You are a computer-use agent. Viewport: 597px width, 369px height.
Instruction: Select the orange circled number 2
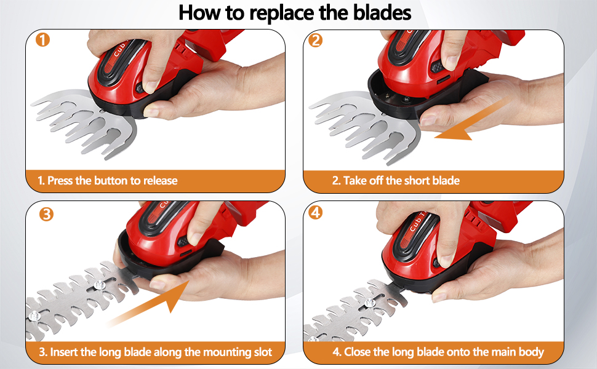tap(316, 41)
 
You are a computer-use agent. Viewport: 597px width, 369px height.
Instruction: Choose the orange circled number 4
tap(316, 213)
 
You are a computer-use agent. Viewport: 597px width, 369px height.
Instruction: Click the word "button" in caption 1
tap(110, 181)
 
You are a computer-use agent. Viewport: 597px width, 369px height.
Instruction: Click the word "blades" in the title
tap(377, 14)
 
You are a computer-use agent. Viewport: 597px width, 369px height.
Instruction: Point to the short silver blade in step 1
tap(80, 123)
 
